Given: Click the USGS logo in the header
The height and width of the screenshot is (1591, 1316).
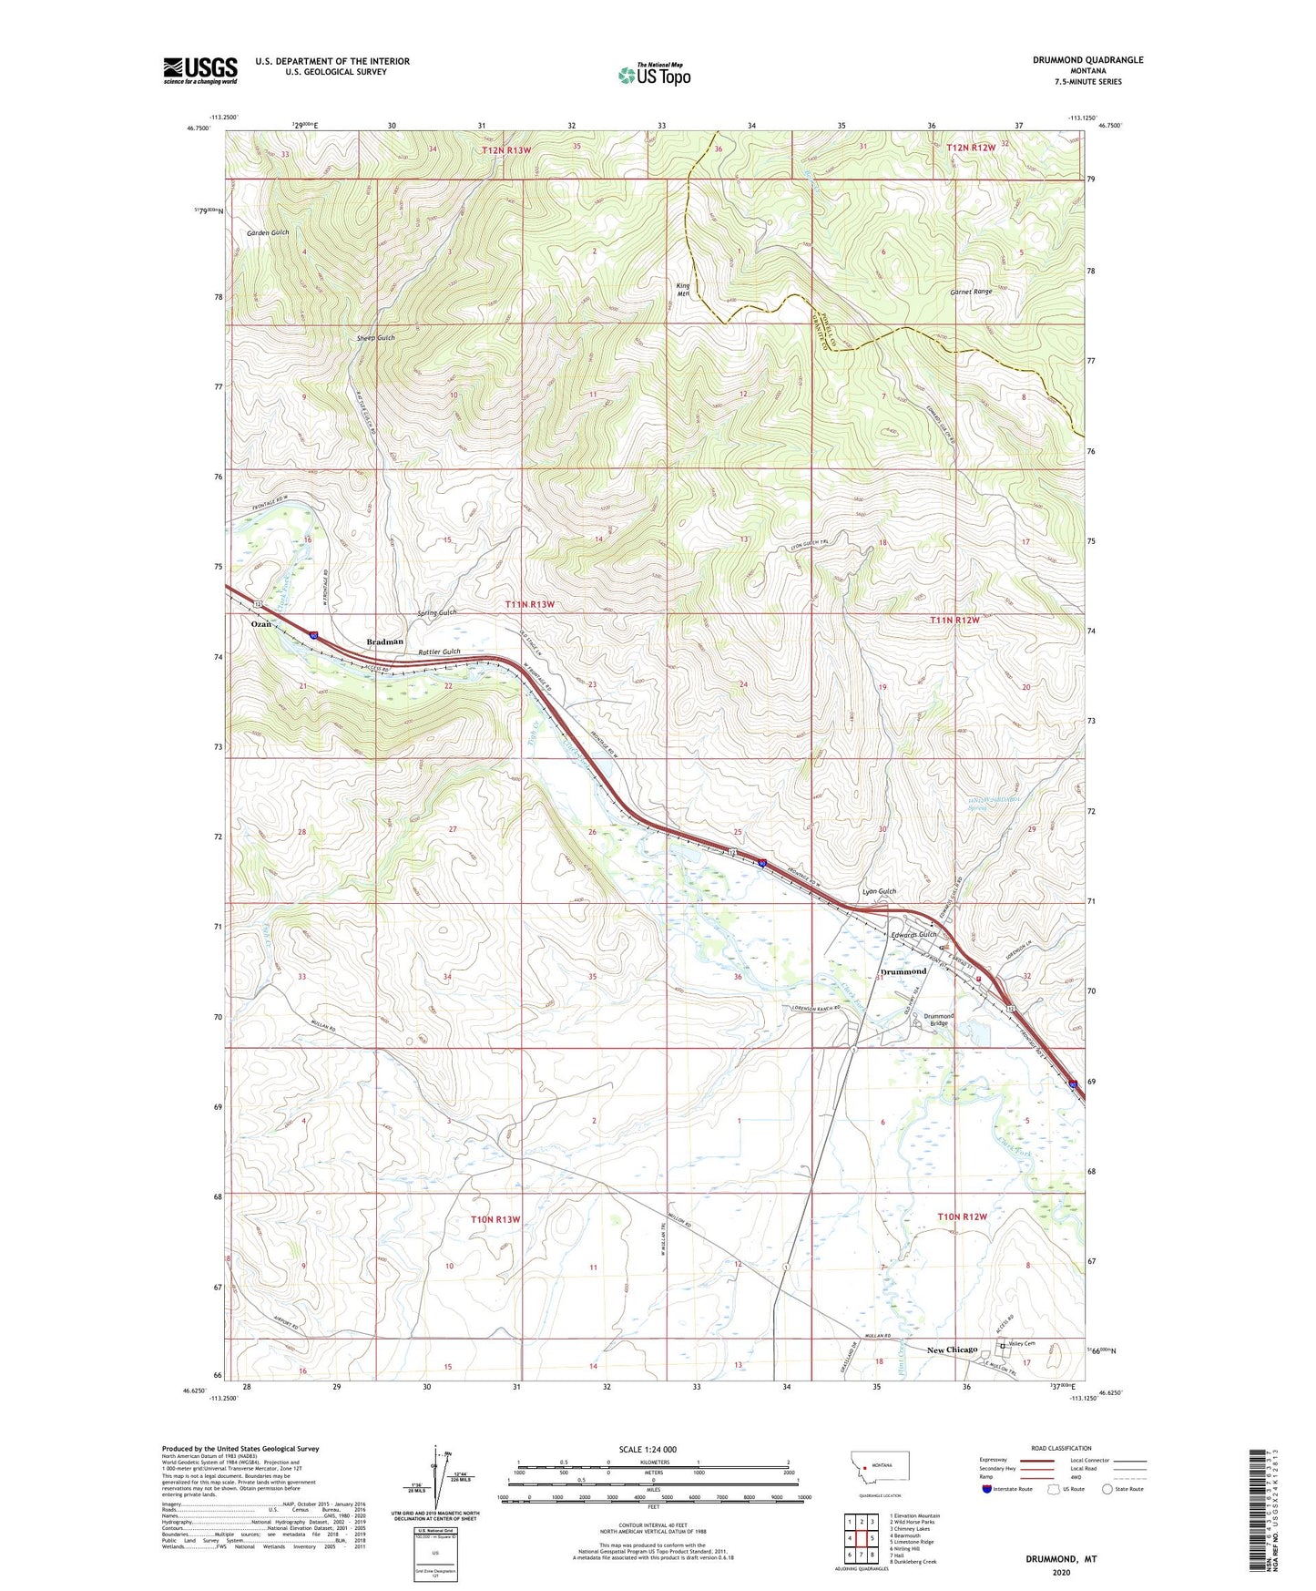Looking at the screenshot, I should (x=199, y=70).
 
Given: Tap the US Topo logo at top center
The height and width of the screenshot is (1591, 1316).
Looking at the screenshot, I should (x=654, y=75).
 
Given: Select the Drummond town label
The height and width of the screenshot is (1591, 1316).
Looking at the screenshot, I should (x=903, y=971).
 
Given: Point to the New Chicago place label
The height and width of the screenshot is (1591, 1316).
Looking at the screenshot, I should (x=952, y=1350).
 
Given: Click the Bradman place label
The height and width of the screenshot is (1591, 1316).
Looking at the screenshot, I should (x=384, y=642).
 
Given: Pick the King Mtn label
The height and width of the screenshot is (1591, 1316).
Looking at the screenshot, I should (x=683, y=290).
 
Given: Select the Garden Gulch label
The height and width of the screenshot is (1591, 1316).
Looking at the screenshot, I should (x=268, y=232).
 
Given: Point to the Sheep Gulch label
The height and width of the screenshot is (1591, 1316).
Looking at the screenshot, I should (x=375, y=338).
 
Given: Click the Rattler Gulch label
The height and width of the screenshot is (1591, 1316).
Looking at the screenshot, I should (x=439, y=652).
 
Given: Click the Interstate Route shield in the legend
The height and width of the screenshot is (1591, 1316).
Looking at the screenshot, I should (x=987, y=1489).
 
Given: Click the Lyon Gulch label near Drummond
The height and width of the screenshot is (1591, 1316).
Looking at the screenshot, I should (x=879, y=891).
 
